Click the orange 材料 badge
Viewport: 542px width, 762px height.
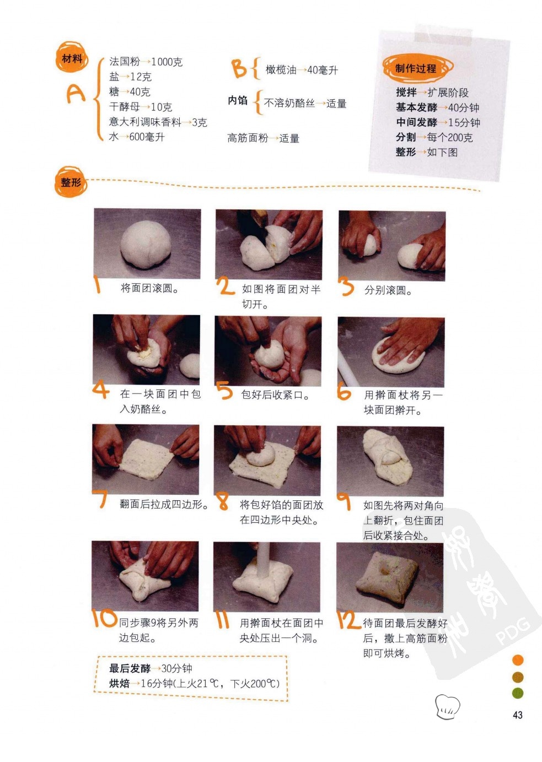click(72, 58)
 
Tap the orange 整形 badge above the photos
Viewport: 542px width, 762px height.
click(71, 182)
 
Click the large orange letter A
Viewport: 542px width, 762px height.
click(75, 93)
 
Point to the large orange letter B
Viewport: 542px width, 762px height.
click(239, 68)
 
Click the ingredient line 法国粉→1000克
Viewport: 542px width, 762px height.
click(146, 62)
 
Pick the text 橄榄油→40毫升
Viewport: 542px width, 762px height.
click(302, 70)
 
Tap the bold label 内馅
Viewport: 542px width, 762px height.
click(238, 100)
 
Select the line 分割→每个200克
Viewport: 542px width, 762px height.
click(434, 137)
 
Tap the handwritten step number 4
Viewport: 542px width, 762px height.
click(101, 391)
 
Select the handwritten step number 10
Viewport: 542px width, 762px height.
click(104, 618)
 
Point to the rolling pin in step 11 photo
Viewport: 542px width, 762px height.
click(263, 560)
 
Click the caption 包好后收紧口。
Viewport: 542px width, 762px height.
click(275, 394)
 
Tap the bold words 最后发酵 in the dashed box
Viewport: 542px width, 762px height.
click(130, 668)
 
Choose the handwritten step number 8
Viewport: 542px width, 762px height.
click(223, 501)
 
